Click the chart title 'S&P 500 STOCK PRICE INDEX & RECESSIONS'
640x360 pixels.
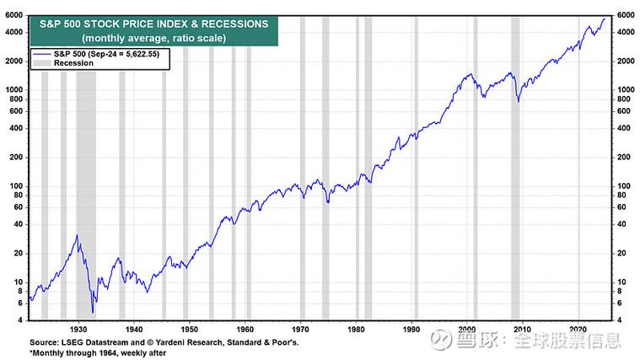(148, 24)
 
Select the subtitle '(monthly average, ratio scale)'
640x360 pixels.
(148, 39)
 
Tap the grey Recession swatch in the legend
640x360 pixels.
(41, 63)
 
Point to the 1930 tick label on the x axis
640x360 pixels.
(78, 328)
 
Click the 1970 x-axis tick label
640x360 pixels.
(300, 328)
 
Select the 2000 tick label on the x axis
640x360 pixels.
(467, 328)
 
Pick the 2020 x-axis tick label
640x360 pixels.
(578, 328)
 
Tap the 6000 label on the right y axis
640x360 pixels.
(625, 15)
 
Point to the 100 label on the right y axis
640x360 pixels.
(622, 185)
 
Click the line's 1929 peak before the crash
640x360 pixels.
(77, 235)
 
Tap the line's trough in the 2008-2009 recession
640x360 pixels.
(517, 102)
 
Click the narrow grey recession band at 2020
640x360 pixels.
(580, 169)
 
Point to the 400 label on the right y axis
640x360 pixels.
(622, 127)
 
